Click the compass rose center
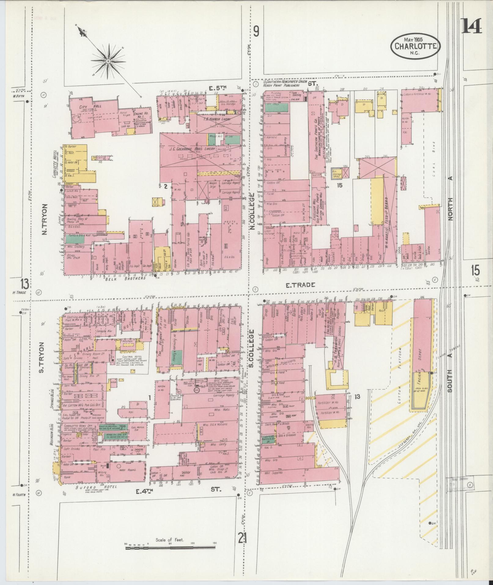click(x=108, y=61)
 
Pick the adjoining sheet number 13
click(x=25, y=284)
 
